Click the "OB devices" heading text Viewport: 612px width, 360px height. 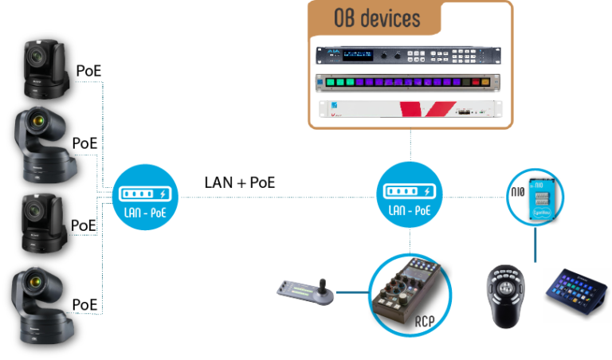[x=375, y=18]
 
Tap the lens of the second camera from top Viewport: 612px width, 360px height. [x=37, y=121]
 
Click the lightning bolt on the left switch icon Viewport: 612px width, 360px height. [x=164, y=194]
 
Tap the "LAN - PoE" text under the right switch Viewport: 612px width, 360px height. [x=407, y=211]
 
